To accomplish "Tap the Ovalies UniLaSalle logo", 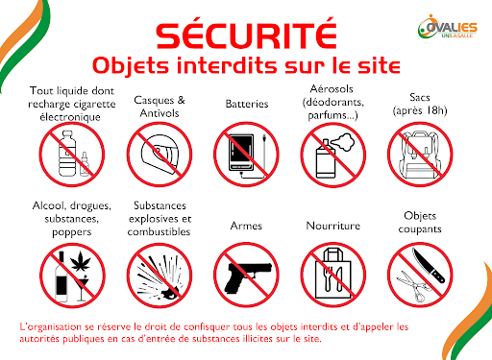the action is tap(448, 27).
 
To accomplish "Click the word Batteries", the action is tap(247, 104).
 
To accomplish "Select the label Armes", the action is tap(246, 226).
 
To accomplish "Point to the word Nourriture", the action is tap(333, 226).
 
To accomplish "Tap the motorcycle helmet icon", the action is tap(160, 155).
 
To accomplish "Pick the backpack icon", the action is tap(420, 155).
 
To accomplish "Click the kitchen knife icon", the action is tap(429, 265).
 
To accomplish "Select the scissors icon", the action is tap(413, 286).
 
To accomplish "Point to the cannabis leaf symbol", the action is tap(81, 261).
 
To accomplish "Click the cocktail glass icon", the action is tap(82, 288).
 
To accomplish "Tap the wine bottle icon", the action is tap(61, 276).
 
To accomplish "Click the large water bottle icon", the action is tap(67, 154).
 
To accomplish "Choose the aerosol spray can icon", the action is tap(326, 159).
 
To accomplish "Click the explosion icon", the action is tap(160, 276).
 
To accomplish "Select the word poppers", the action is tap(72, 232).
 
